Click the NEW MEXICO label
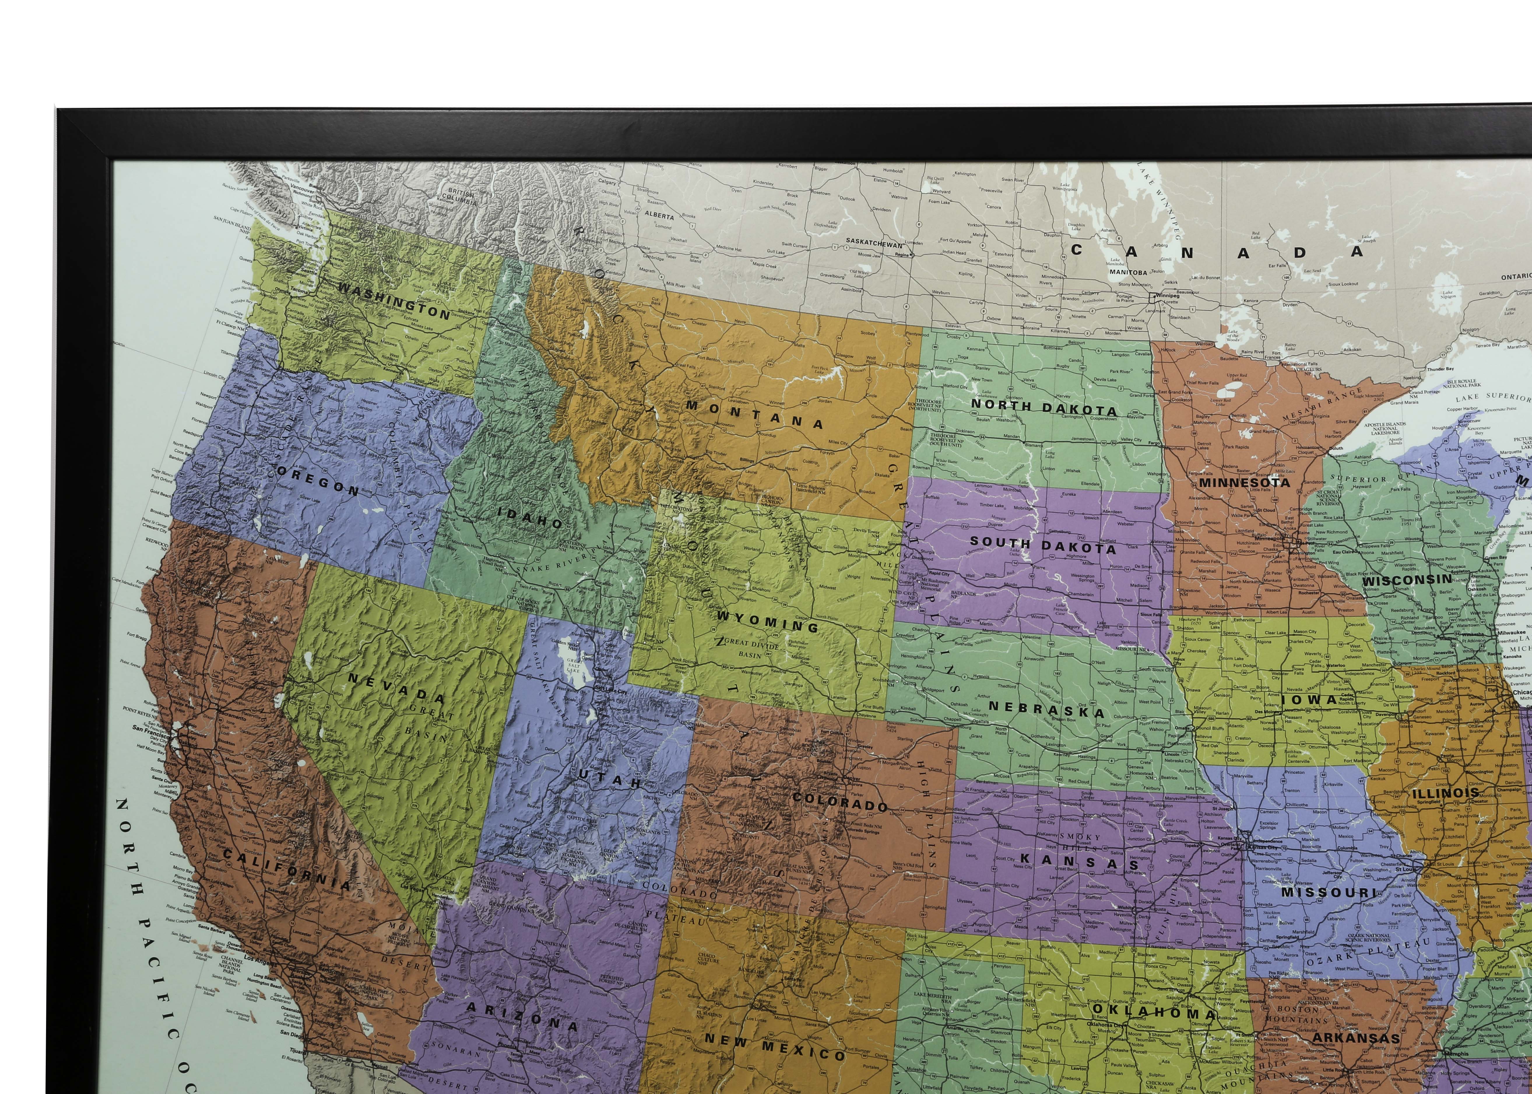774,1048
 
